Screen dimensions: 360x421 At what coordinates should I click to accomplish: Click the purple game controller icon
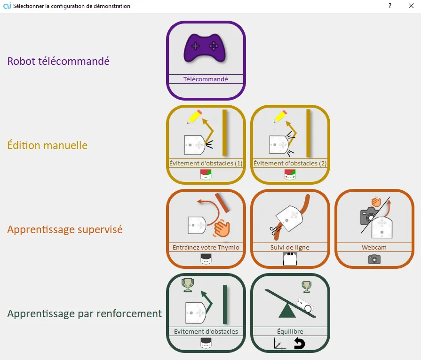205,47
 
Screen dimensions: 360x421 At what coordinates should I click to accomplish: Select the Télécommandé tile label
206,79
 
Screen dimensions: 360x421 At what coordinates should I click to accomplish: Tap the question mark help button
390,6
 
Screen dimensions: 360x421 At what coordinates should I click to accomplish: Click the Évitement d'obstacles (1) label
206,164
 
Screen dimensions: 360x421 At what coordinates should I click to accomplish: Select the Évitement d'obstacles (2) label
290,164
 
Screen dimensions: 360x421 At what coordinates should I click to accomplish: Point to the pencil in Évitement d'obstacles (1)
195,117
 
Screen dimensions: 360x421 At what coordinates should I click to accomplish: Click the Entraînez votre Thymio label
206,247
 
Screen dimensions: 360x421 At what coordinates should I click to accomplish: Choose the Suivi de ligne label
290,247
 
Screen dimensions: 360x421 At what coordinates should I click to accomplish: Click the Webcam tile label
374,247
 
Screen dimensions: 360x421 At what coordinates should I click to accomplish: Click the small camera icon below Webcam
374,259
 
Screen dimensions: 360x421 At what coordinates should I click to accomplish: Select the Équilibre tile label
290,331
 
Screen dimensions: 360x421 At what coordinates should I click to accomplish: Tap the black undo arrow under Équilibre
299,344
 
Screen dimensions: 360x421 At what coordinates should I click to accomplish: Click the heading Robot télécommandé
58,61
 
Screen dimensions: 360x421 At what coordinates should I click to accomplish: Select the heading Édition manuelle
47,145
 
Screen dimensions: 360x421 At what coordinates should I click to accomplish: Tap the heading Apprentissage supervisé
65,229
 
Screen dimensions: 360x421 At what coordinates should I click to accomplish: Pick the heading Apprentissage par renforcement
84,313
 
